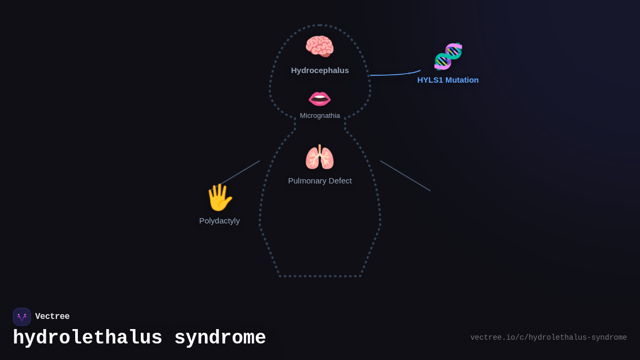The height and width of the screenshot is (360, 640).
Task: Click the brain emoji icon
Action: pyautogui.click(x=319, y=46)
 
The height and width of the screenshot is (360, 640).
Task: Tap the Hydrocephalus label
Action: pyautogui.click(x=320, y=70)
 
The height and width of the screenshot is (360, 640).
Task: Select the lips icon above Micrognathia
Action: pyautogui.click(x=319, y=99)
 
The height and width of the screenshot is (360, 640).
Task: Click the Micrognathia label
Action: pyautogui.click(x=320, y=116)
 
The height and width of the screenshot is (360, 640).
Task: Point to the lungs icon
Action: pyautogui.click(x=319, y=158)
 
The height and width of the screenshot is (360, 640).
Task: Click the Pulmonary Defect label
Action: pyautogui.click(x=320, y=181)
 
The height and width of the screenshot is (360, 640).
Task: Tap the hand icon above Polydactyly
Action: pyautogui.click(x=219, y=197)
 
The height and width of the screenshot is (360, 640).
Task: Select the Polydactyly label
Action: pyautogui.click(x=219, y=221)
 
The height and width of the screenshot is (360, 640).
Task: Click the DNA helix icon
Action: pyautogui.click(x=448, y=56)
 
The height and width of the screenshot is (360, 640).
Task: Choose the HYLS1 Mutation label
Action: pyautogui.click(x=448, y=80)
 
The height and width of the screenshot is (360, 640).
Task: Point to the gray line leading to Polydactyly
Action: pyautogui.click(x=241, y=172)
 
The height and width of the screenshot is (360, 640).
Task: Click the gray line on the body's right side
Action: pyautogui.click(x=405, y=176)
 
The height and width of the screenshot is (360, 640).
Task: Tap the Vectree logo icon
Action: pyautogui.click(x=22, y=317)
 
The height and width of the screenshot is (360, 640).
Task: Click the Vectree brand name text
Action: pyautogui.click(x=52, y=317)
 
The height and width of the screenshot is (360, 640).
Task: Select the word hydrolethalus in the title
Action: pyautogui.click(x=87, y=338)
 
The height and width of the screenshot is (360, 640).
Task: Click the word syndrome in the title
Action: pyautogui.click(x=220, y=338)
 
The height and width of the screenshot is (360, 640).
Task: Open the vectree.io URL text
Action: pyautogui.click(x=548, y=338)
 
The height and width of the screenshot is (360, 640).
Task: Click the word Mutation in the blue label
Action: pyautogui.click(x=462, y=80)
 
